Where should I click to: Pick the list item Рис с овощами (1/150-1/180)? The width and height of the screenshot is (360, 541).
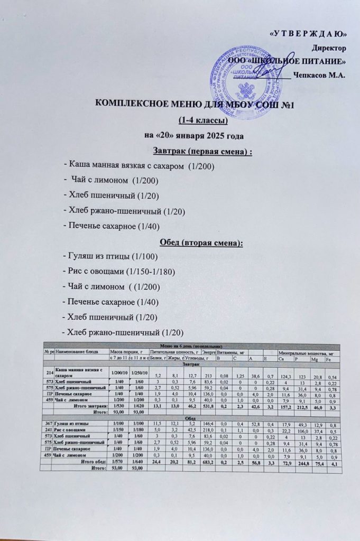point(119,272)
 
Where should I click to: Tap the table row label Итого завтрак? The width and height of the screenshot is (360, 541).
point(87,406)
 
